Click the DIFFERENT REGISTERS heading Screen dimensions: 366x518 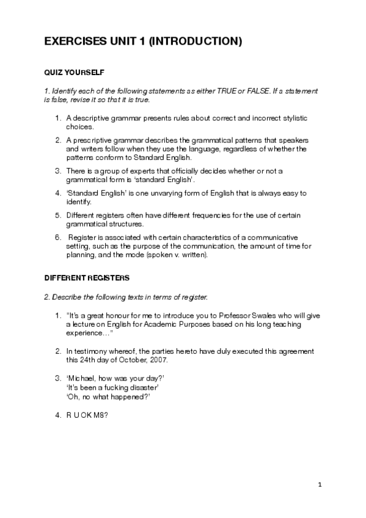[87, 278]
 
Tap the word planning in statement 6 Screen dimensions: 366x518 [79, 255]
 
